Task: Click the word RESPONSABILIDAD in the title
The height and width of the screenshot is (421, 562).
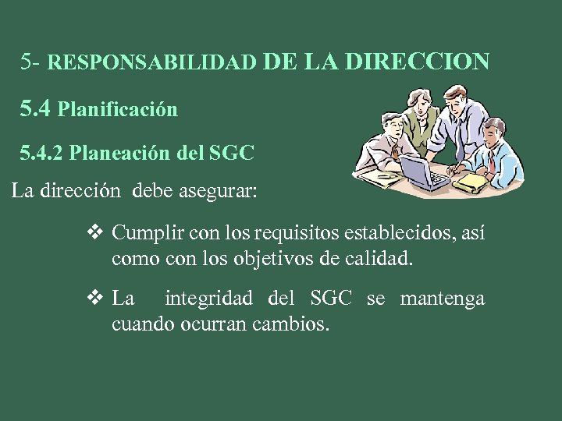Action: click(x=152, y=62)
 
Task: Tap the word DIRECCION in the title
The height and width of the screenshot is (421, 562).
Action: click(x=418, y=60)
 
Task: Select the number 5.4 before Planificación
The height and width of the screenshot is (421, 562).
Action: click(x=36, y=108)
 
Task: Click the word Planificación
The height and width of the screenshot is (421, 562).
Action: click(x=118, y=110)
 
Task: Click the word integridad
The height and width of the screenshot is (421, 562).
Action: click(x=209, y=298)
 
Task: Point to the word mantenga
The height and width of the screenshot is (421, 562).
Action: click(x=442, y=298)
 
